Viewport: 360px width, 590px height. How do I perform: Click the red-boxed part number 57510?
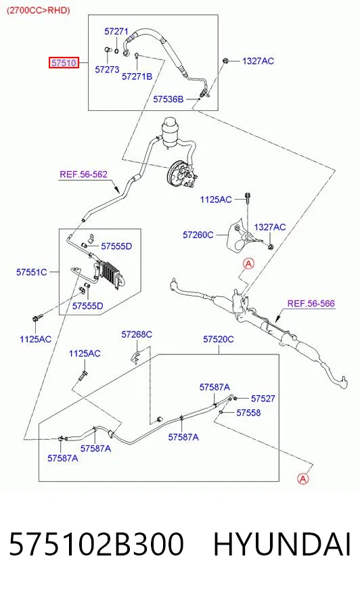[x=64, y=62]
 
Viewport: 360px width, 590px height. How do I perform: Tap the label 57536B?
[x=168, y=99]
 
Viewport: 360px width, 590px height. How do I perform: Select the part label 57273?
[x=107, y=70]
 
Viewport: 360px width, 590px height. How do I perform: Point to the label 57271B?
[x=137, y=76]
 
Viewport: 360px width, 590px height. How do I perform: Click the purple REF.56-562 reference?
[x=83, y=174]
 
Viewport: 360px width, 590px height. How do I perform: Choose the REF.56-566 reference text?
[x=311, y=303]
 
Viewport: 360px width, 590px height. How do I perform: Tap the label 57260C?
[x=198, y=235]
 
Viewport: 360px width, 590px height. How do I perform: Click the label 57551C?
[x=32, y=272]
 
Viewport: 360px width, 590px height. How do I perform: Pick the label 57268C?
[x=137, y=334]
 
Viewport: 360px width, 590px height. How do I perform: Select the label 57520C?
[x=218, y=339]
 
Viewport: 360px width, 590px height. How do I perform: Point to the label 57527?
[x=263, y=399]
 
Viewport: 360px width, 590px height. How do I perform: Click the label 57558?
[x=248, y=413]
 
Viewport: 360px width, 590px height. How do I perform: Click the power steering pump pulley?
[x=176, y=173]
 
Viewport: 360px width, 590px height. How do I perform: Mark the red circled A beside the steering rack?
[x=248, y=264]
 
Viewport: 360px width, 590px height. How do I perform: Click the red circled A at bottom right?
[x=303, y=478]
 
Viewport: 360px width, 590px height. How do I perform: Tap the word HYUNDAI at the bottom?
[x=282, y=544]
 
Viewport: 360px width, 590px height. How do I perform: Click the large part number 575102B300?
[x=96, y=544]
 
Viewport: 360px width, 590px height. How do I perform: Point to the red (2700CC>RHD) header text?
[x=39, y=10]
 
